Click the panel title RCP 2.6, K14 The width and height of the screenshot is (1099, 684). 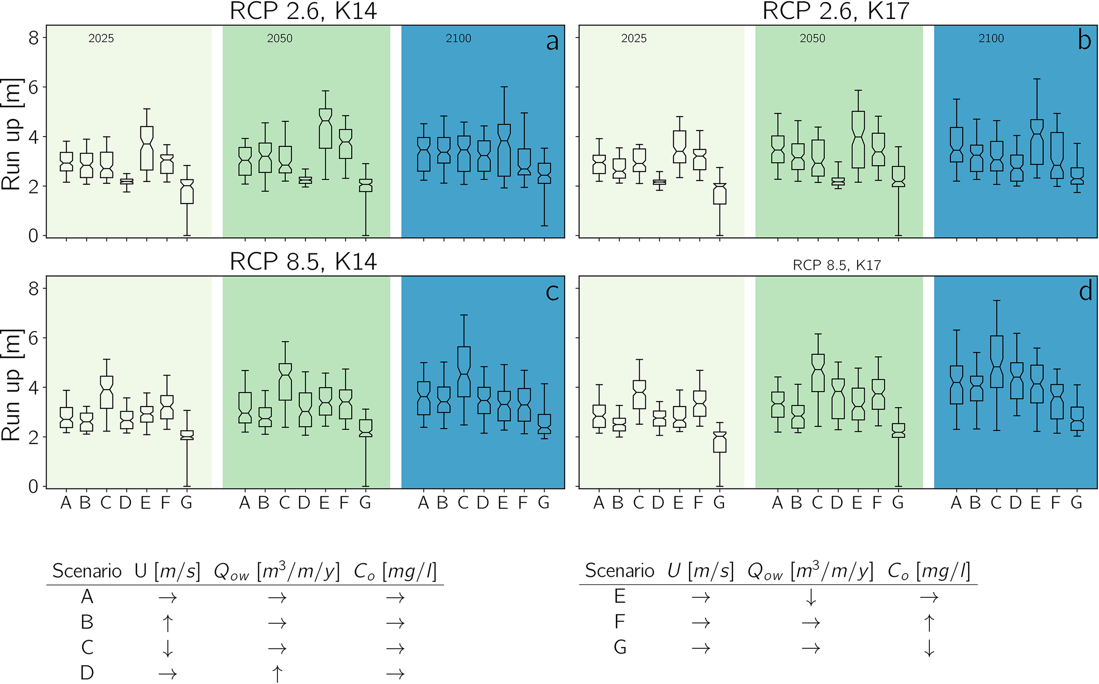click(x=303, y=11)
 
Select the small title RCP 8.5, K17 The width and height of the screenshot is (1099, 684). click(x=837, y=265)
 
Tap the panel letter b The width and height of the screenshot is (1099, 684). click(x=1084, y=42)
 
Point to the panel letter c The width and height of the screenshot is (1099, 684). click(x=552, y=292)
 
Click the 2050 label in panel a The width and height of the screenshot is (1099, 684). click(x=280, y=38)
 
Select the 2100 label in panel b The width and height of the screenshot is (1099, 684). click(x=991, y=38)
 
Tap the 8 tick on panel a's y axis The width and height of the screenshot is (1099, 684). click(x=34, y=38)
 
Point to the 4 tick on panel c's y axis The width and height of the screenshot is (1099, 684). click(x=34, y=388)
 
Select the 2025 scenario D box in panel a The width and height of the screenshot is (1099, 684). click(x=127, y=182)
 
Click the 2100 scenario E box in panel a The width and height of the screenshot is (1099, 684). click(x=504, y=150)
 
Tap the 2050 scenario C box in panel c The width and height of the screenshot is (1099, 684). click(x=285, y=382)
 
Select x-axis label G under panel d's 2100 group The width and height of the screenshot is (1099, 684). click(x=1077, y=502)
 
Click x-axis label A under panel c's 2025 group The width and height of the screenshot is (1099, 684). click(x=66, y=502)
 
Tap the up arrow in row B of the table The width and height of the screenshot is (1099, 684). click(x=167, y=623)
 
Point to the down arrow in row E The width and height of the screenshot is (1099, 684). click(x=811, y=597)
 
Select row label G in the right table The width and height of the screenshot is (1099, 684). click(x=620, y=648)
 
